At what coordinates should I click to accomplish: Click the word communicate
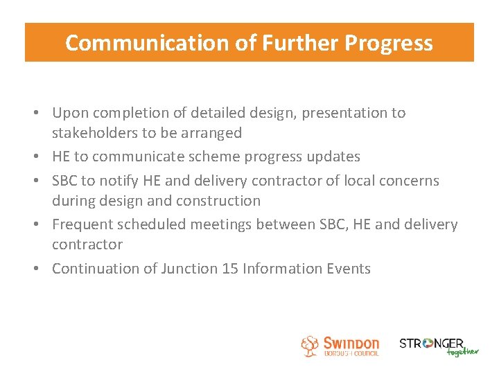[139, 157]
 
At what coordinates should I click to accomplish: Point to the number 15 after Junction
[229, 269]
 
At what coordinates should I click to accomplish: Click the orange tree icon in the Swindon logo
[310, 346]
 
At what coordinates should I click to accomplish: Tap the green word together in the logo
[462, 351]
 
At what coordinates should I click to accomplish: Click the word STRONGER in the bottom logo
[431, 343]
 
